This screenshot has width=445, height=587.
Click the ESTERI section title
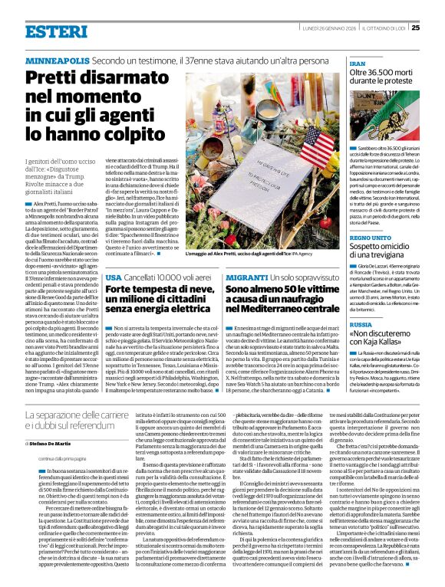pos(55,31)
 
